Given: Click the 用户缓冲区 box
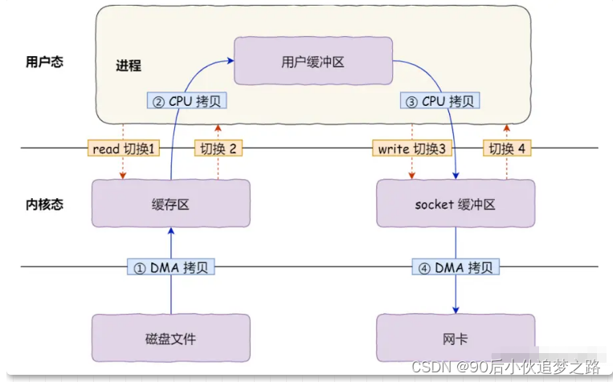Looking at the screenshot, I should [x=313, y=61].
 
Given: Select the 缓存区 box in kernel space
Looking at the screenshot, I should [x=170, y=203].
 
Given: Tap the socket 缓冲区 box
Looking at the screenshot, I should [x=456, y=203].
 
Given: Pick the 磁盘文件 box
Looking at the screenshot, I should [x=170, y=338].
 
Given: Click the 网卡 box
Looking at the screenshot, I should [x=456, y=338].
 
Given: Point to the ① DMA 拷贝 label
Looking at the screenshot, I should [x=170, y=267].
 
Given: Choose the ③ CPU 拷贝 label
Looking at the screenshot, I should [x=439, y=102].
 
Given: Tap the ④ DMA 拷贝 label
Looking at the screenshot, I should [x=456, y=267].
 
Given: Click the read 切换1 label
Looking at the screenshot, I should [x=122, y=148].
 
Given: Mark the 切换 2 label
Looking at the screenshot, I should [x=218, y=148].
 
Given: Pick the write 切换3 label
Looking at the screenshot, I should [x=411, y=148].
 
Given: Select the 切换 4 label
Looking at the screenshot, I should [x=507, y=148].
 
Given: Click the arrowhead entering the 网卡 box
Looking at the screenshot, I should [x=456, y=311].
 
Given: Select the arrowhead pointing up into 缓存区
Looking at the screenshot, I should [x=170, y=231].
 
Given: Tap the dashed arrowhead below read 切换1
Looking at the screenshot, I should [x=122, y=176].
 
